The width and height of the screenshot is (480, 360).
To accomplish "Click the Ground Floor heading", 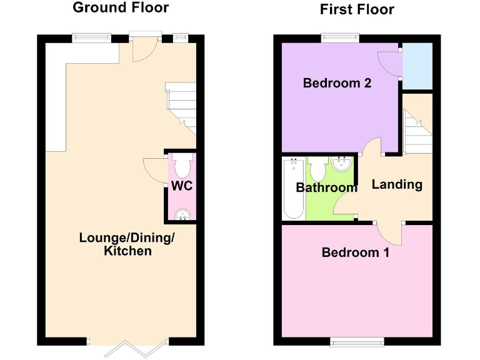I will [121, 8].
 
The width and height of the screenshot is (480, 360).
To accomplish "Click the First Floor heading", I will [357, 9].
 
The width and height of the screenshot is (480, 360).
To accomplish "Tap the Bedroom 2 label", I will [337, 83].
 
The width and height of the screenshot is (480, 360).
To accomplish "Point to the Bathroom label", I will [326, 187].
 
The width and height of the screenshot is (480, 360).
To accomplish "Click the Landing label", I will [397, 184].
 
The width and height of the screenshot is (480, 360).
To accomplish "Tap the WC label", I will [182, 186].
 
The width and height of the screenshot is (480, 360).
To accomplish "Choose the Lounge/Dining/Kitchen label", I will [127, 244].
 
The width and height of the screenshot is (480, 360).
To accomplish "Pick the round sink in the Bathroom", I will [342, 165].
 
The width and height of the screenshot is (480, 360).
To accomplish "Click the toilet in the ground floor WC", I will [182, 166].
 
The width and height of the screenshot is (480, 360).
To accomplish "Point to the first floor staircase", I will [416, 132].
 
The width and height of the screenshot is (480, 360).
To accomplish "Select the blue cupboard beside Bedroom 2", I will [417, 66].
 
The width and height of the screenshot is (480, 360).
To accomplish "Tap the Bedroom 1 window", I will [357, 341].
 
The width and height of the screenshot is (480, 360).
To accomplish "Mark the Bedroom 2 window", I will [341, 38].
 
